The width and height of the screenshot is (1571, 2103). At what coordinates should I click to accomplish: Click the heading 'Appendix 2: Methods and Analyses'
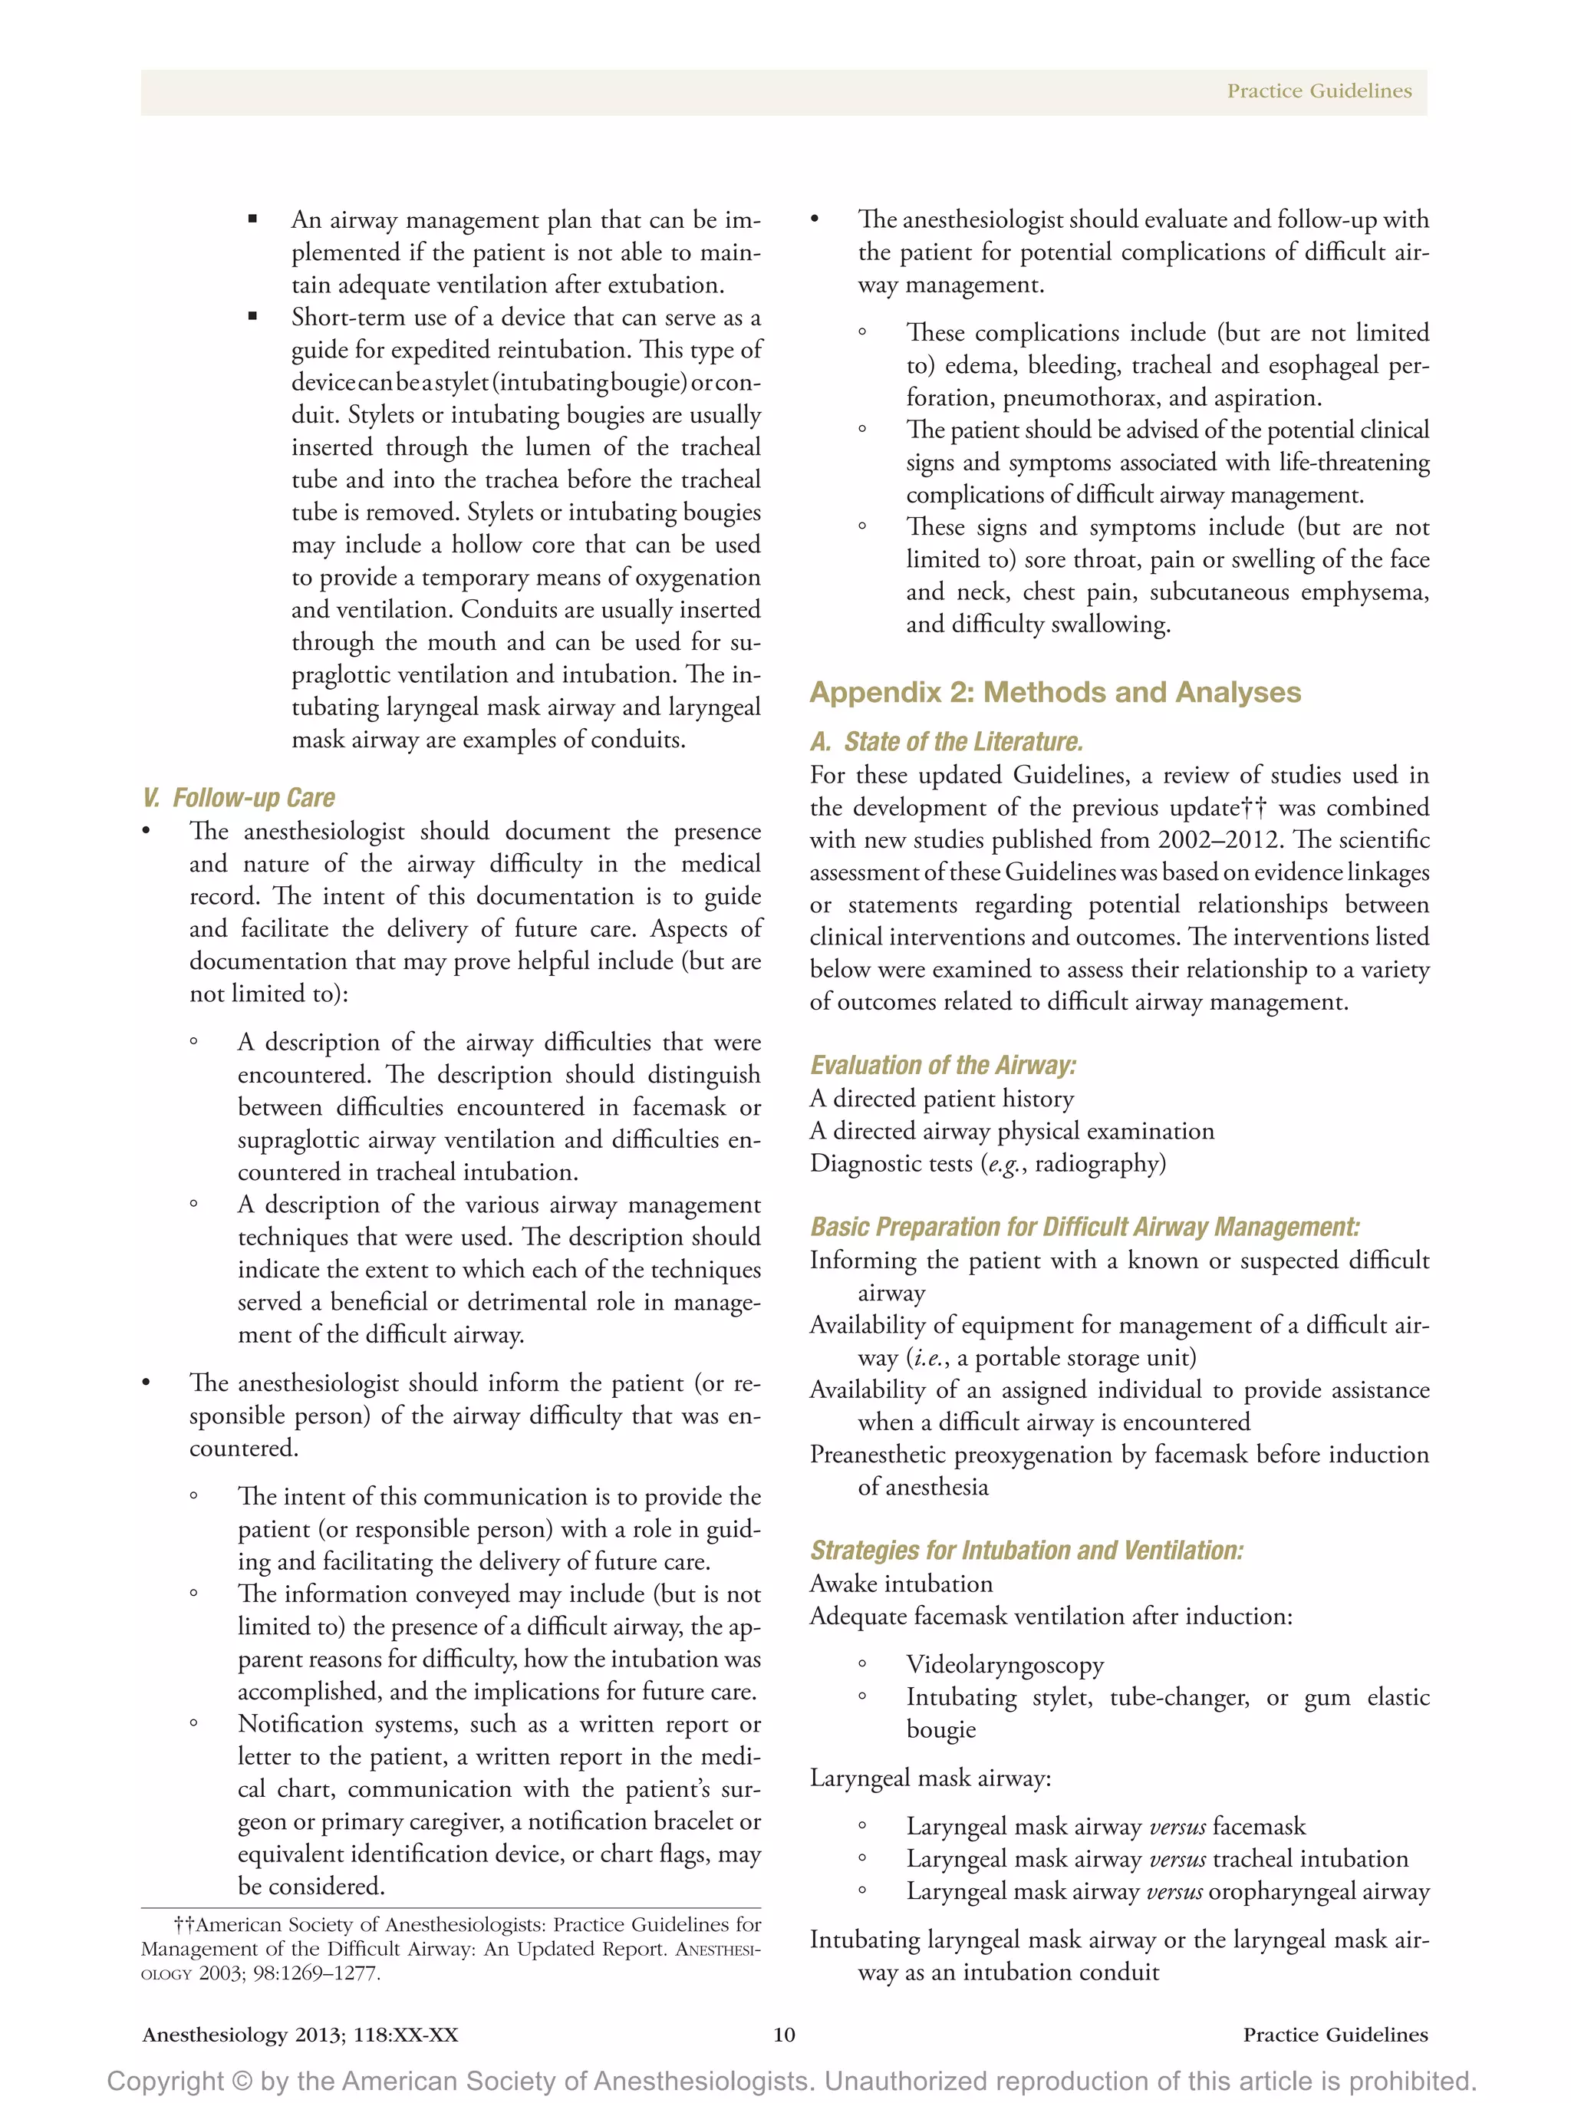coord(1054,692)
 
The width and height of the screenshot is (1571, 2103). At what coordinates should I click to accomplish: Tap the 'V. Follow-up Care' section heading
coord(239,798)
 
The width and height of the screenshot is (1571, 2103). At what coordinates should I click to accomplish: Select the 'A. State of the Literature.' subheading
coord(946,742)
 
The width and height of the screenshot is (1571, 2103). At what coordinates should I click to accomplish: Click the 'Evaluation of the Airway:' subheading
coord(943,1065)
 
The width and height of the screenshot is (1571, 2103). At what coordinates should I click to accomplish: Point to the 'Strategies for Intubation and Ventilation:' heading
coord(1026,1550)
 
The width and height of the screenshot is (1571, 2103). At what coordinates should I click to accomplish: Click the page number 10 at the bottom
coord(784,2034)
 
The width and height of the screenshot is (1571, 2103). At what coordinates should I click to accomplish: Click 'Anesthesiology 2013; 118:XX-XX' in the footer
coord(301,2034)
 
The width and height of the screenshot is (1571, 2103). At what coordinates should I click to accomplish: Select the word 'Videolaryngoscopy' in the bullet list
coord(1005,1664)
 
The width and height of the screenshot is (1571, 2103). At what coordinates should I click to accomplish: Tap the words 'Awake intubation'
coord(901,1583)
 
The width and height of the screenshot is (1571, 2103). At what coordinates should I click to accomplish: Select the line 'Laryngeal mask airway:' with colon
coord(930,1777)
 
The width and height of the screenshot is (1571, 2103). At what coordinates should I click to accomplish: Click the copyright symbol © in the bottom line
coord(242,2080)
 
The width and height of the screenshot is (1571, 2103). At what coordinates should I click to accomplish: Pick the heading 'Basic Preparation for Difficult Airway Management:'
coord(1085,1227)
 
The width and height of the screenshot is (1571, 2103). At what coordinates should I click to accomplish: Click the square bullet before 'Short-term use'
coord(253,317)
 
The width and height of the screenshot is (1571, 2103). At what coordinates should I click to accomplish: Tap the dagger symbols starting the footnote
coord(184,1924)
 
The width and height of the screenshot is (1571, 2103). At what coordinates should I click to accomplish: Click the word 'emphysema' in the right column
coord(1364,592)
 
